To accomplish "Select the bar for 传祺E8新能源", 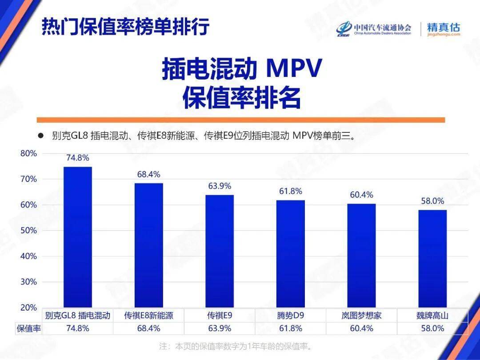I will pyautogui.click(x=148, y=245).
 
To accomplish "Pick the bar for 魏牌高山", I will pyautogui.click(x=432, y=258).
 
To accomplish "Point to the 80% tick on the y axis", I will pyautogui.click(x=28, y=153).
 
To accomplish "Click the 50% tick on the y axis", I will pyautogui.click(x=28, y=231).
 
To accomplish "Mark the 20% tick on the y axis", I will pyautogui.click(x=28, y=308).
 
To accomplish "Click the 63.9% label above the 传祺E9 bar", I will pyautogui.click(x=220, y=186).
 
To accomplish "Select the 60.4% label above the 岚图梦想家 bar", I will pyautogui.click(x=361, y=195).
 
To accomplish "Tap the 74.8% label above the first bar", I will pyautogui.click(x=78, y=158).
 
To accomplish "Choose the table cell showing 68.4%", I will pyautogui.click(x=148, y=328).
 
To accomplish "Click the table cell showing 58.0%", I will pyautogui.click(x=432, y=328).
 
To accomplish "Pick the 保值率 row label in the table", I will pyautogui.click(x=29, y=328).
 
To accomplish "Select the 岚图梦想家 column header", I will pyautogui.click(x=361, y=316).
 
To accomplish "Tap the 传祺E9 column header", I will pyautogui.click(x=220, y=316).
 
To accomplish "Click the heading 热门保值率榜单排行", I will pyautogui.click(x=125, y=27).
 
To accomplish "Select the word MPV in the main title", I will pyautogui.click(x=293, y=69).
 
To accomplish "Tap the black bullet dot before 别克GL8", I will pyautogui.click(x=40, y=136).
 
